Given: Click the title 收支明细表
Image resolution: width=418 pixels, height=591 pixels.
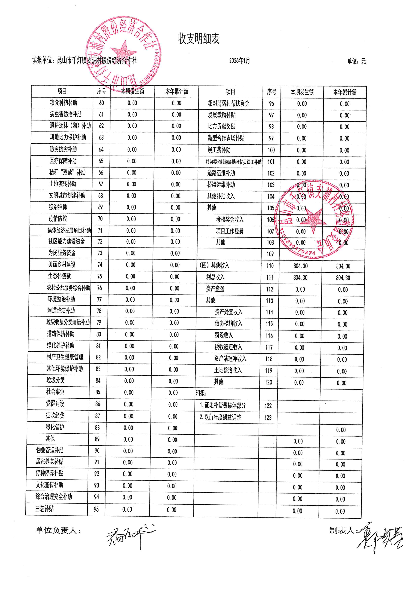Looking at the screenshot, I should [x=199, y=39].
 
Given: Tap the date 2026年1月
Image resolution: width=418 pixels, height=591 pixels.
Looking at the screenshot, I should [x=240, y=61].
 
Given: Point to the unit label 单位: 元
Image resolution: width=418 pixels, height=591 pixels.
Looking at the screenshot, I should [x=356, y=61].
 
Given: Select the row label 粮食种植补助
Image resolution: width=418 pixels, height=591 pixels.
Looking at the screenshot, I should [x=63, y=103].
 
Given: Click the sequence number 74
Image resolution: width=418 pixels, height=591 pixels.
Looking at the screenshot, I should [x=100, y=265].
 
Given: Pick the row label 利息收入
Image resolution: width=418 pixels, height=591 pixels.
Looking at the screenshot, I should [x=215, y=277].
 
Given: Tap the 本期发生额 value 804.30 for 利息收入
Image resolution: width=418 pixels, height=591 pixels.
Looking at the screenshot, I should [x=300, y=277].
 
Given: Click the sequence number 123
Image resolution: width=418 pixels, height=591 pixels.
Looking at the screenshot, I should [x=268, y=417].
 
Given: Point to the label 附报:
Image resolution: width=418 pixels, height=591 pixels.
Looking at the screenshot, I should [x=201, y=393].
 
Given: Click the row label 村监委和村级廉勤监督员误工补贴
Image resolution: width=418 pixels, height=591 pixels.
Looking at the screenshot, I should [x=233, y=162].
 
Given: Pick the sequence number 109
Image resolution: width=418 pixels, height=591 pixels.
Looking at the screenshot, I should [x=270, y=254].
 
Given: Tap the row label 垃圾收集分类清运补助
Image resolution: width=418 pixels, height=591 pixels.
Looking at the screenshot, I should [x=68, y=322].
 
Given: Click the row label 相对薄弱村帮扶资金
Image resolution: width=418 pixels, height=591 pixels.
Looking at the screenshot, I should [x=229, y=103].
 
